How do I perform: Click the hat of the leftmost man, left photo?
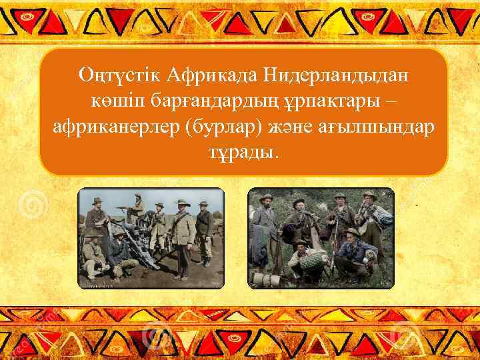pos(97,201)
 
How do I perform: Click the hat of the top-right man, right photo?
pos(368,195)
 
